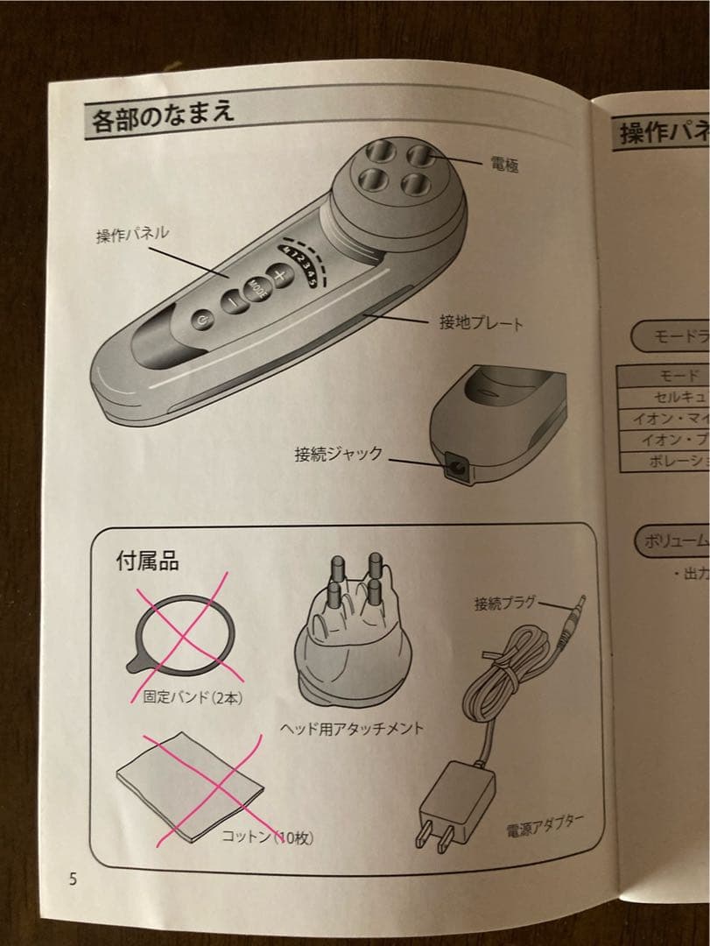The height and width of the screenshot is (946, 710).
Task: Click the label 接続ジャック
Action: tap(339, 454)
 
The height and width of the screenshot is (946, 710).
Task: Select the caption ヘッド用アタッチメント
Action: tap(339, 728)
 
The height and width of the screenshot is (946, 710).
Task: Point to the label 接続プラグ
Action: tap(504, 603)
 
